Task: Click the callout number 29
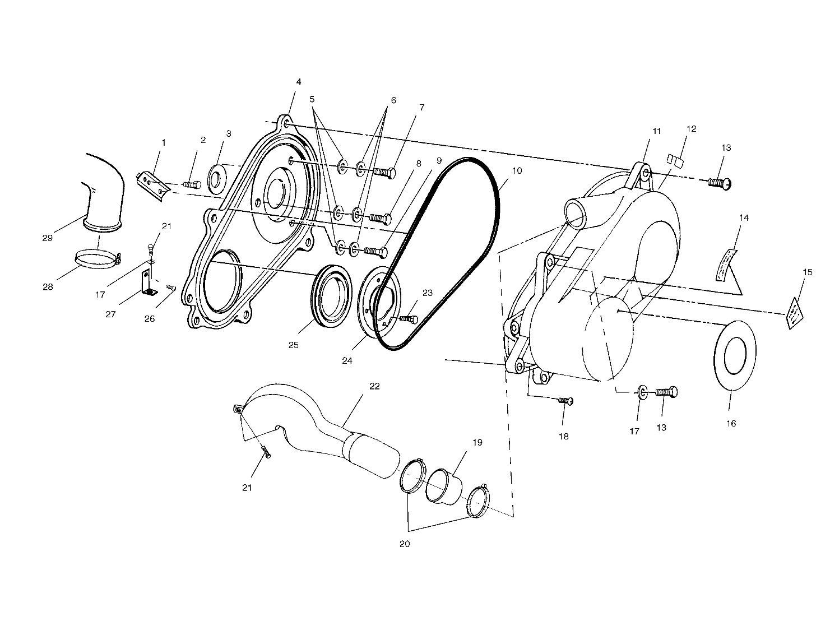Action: click(x=47, y=238)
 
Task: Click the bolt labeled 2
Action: click(x=192, y=184)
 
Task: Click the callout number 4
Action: click(x=299, y=82)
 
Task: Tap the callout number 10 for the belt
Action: click(x=517, y=170)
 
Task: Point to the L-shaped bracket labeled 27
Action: click(x=147, y=283)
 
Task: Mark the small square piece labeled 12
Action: click(x=676, y=160)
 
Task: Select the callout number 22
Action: click(x=374, y=386)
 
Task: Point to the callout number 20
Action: click(x=405, y=544)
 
